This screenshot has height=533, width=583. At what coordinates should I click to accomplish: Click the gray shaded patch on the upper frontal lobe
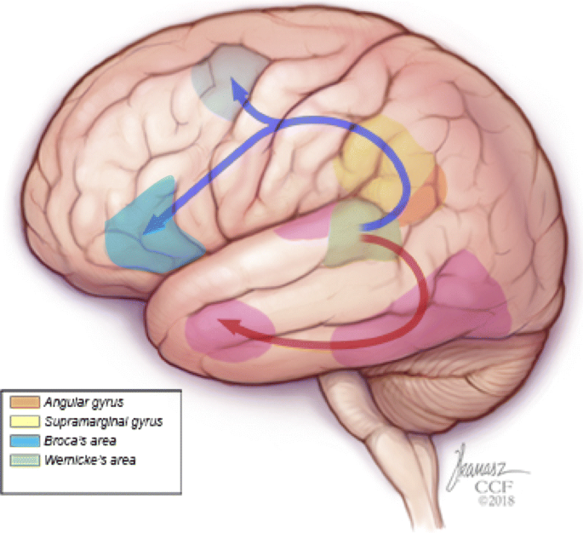tap(226, 77)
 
